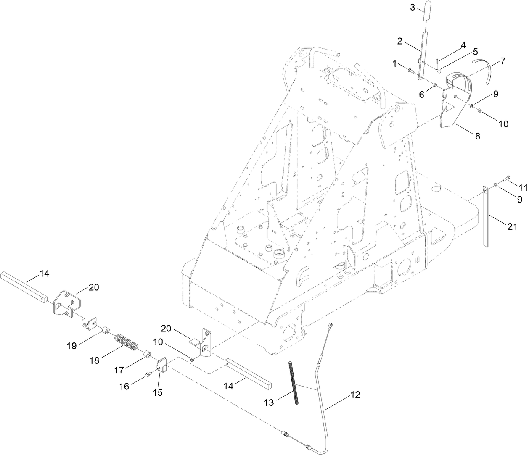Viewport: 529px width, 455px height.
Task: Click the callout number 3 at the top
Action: point(413,7)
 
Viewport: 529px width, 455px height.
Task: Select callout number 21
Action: point(511,226)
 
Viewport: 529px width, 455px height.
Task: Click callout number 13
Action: point(269,402)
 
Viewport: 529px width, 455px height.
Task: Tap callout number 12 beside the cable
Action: point(355,395)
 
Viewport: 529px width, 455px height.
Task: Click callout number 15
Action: point(158,393)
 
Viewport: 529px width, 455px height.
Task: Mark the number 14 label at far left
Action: point(45,274)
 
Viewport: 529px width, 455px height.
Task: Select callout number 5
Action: point(475,52)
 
